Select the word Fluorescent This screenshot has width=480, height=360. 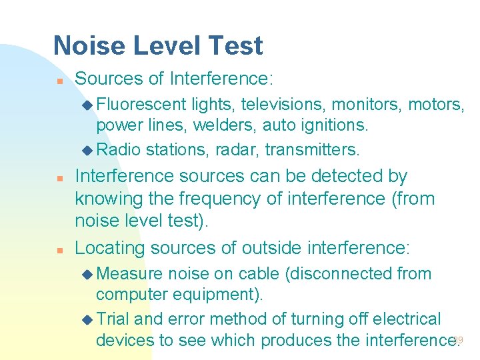[141, 104]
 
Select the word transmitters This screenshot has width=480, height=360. [313, 149]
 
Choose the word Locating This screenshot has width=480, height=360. [110, 248]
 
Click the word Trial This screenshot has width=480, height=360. [115, 319]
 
